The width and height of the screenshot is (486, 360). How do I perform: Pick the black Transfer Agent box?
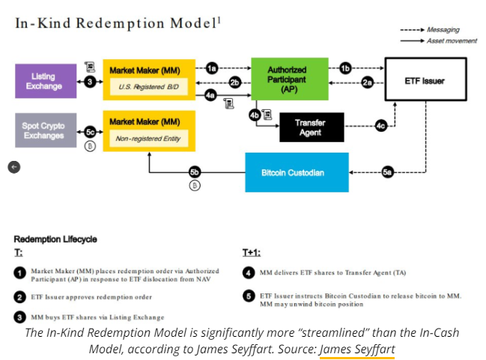pos(312,127)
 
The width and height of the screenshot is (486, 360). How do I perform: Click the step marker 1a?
pos(213,68)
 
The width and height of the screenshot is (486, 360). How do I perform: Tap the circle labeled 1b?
pos(345,68)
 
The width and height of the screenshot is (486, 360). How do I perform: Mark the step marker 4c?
pos(381,126)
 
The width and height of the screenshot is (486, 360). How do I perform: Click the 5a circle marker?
pos(387,172)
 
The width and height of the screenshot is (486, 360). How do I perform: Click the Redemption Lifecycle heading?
pos(55,240)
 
